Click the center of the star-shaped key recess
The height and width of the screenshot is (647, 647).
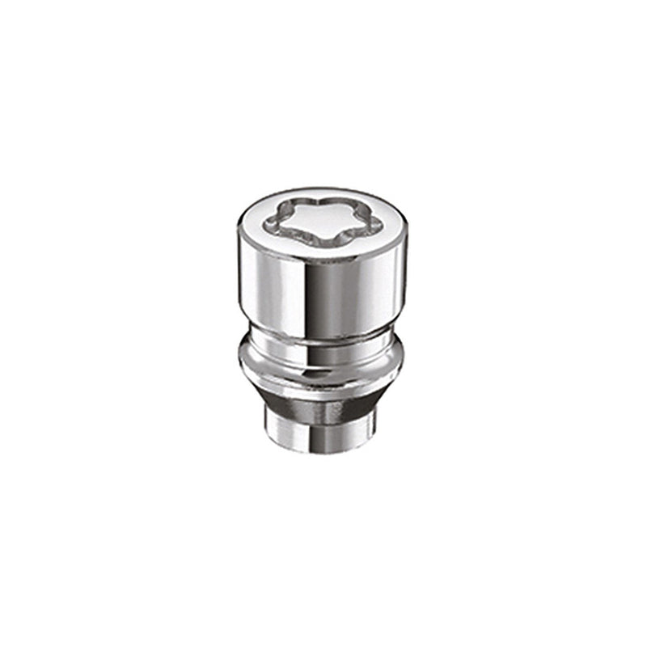tap(311, 221)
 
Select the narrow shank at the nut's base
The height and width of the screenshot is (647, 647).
tap(323, 429)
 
